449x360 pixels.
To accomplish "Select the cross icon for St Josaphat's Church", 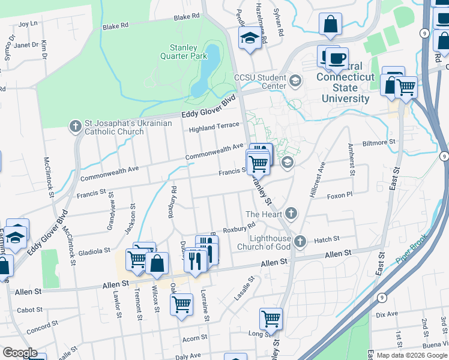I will click(75, 126).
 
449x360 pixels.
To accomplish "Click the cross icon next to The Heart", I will click(291, 213).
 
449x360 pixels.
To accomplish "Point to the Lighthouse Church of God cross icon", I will click(300, 241).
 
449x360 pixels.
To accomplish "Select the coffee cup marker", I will click(336, 58).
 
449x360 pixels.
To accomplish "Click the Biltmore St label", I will click(379, 143).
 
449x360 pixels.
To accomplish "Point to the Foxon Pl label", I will click(339, 196).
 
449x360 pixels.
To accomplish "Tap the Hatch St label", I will click(327, 239).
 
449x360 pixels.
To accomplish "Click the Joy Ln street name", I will click(28, 24).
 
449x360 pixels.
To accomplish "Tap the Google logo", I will click(20, 353).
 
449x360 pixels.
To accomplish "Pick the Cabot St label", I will click(30, 310).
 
